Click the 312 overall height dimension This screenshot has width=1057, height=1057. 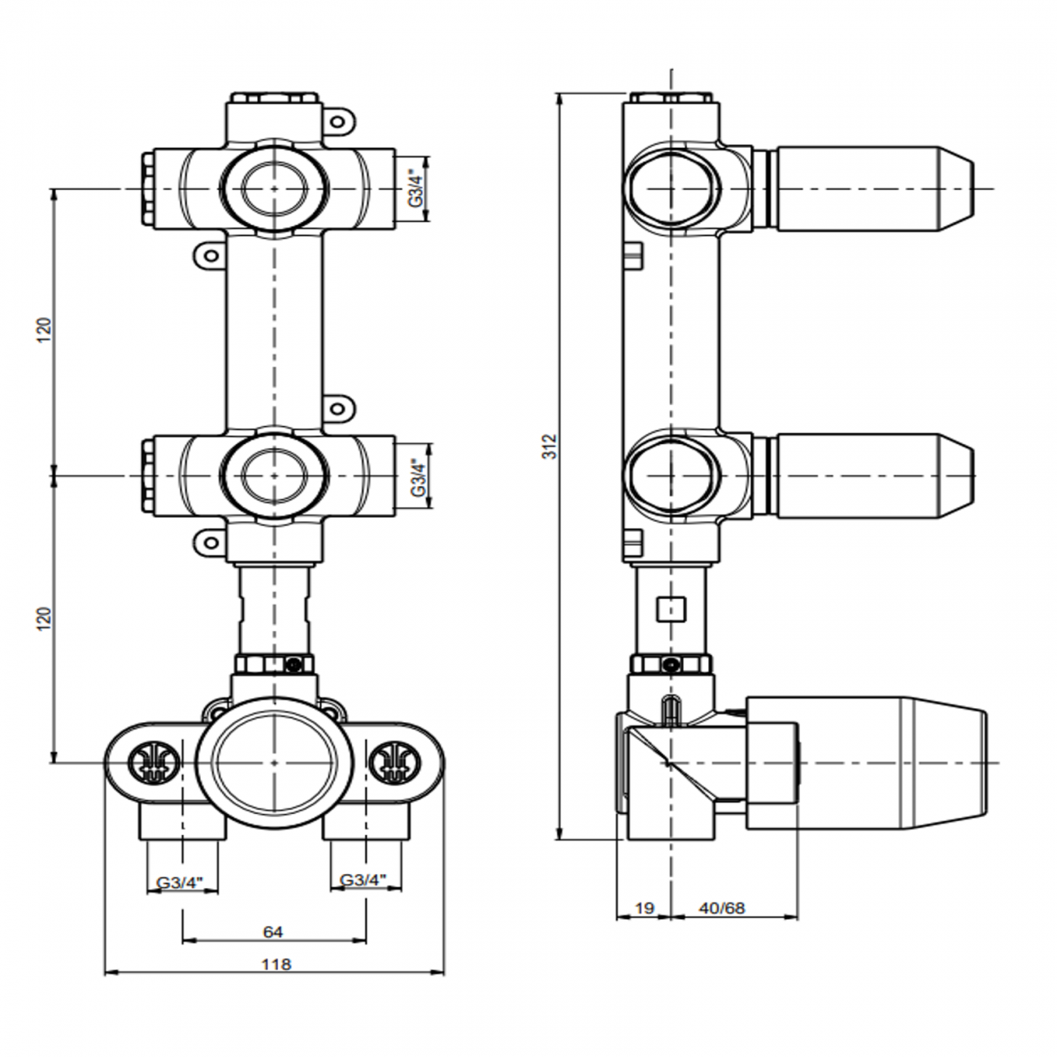(550, 446)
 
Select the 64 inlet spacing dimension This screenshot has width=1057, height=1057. (273, 932)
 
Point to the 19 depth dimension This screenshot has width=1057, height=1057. (644, 909)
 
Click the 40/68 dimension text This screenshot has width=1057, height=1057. (722, 909)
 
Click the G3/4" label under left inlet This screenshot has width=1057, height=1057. (181, 881)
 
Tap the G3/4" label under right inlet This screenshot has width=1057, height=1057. (363, 881)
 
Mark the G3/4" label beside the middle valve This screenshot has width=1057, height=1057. (415, 476)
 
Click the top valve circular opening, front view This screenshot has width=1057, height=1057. (273, 189)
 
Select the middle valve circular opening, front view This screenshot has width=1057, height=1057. (273, 474)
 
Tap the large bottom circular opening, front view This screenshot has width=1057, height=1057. (274, 762)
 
